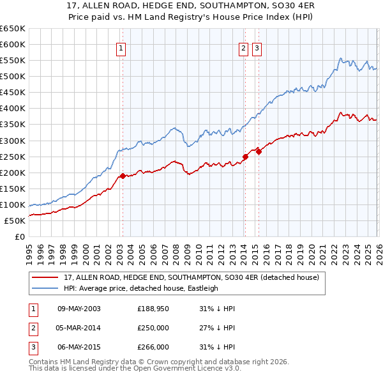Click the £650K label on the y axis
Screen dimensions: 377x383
pos(12,29)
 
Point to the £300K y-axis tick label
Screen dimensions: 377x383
pos(12,141)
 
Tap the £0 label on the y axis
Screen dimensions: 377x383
pos(20,237)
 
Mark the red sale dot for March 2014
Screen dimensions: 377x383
pos(245,157)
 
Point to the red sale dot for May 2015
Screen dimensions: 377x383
pos(259,151)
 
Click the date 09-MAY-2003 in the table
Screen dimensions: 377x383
pos(79,309)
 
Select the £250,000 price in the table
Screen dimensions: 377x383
pos(153,328)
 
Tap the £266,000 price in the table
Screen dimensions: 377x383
pos(153,347)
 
